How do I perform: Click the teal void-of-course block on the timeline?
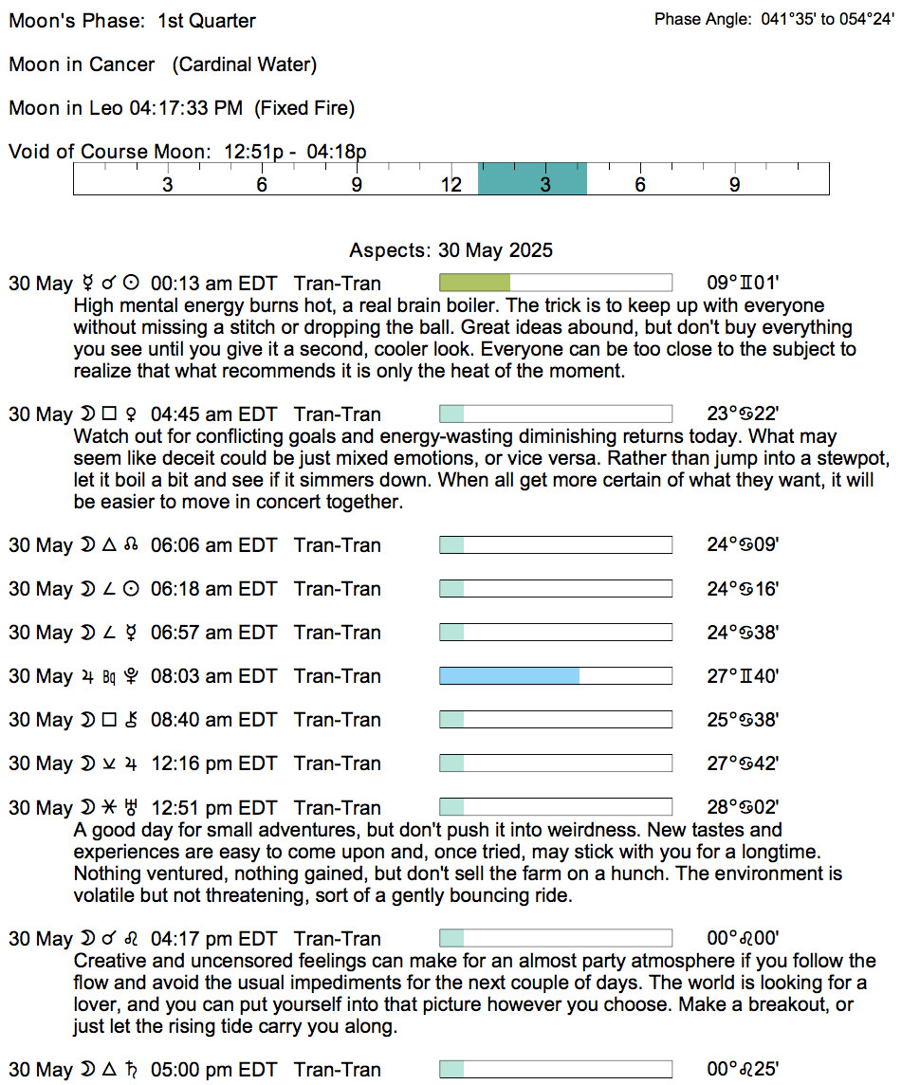pyautogui.click(x=532, y=178)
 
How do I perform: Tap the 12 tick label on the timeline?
pyautogui.click(x=451, y=185)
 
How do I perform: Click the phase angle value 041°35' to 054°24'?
pyautogui.click(x=828, y=20)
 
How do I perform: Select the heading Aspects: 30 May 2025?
pyautogui.click(x=451, y=251)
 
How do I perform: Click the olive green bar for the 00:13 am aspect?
pyautogui.click(x=474, y=283)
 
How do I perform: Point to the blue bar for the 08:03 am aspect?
pyautogui.click(x=509, y=676)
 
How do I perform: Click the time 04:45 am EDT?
pyautogui.click(x=213, y=414)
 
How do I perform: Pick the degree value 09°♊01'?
pyautogui.click(x=743, y=283)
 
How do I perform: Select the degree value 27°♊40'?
pyautogui.click(x=743, y=676)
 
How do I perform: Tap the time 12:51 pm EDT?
pyautogui.click(x=213, y=808)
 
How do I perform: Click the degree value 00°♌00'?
pyautogui.click(x=743, y=939)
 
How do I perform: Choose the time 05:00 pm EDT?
pyautogui.click(x=213, y=1070)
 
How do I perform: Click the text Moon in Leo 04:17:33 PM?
pyautogui.click(x=125, y=108)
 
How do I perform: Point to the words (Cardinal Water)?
pyautogui.click(x=245, y=64)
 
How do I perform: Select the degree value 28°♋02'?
pyautogui.click(x=743, y=808)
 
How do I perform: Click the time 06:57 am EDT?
pyautogui.click(x=213, y=633)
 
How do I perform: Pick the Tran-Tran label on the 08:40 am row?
pyautogui.click(x=338, y=720)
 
